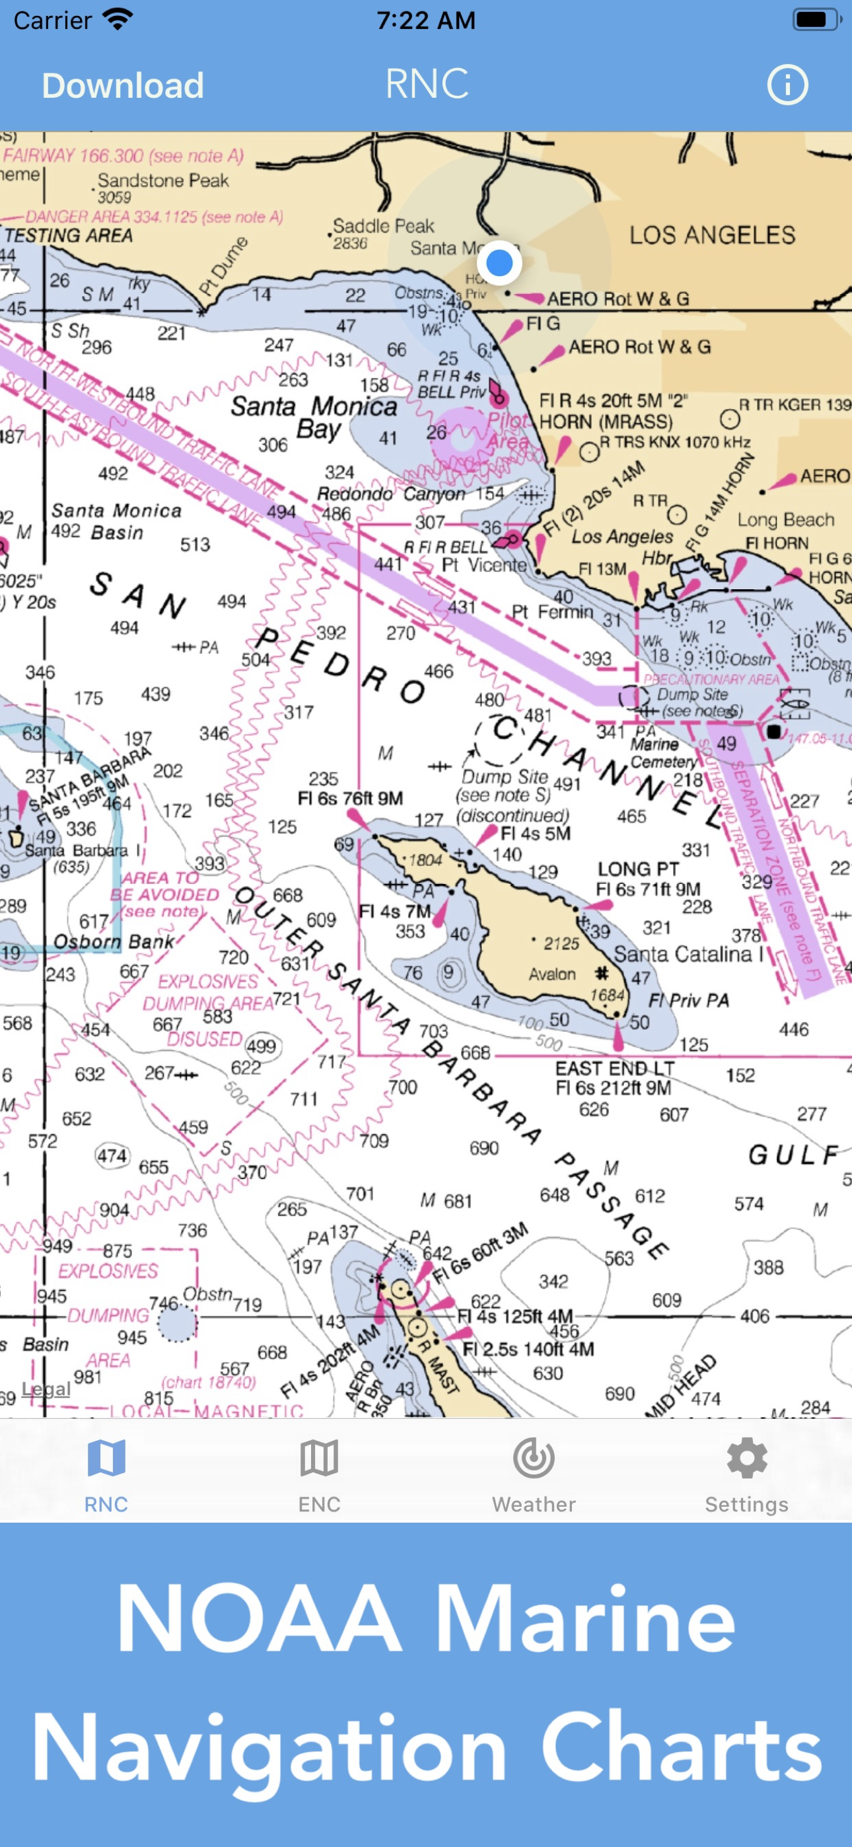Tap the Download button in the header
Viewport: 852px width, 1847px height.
tap(123, 86)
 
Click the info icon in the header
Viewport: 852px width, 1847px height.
tap(787, 85)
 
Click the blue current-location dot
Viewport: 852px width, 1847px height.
tap(499, 263)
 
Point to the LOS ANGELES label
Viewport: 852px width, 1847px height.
tap(712, 235)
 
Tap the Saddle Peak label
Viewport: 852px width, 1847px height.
tap(384, 227)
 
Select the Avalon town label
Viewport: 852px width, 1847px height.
tap(552, 974)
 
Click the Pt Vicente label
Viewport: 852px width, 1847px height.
tap(483, 565)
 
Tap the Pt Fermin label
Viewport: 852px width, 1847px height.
tap(552, 612)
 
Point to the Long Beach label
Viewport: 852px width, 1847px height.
tap(786, 520)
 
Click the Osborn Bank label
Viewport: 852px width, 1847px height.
tap(114, 941)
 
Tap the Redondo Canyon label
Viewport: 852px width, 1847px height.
tap(391, 494)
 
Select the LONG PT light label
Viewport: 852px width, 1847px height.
tap(638, 870)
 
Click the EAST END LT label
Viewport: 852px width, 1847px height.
tap(615, 1069)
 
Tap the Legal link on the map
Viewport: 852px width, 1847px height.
tap(46, 1390)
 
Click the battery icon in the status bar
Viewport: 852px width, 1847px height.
tap(816, 20)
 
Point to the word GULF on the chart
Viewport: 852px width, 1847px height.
tap(793, 1155)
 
